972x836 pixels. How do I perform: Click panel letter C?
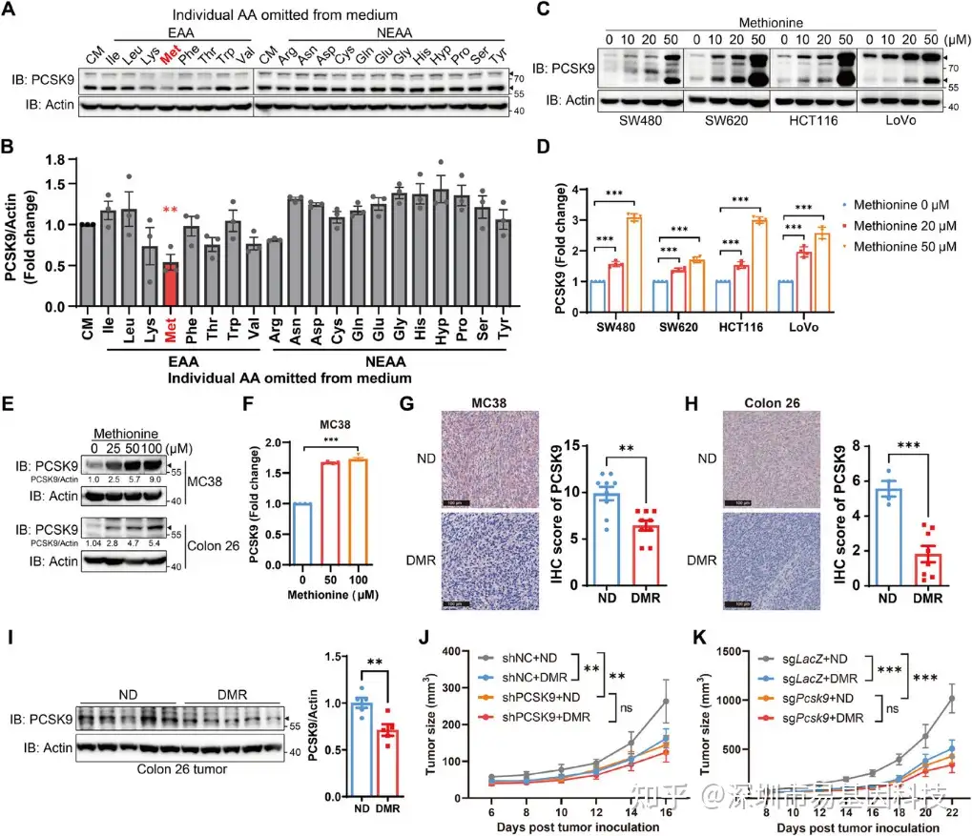[543, 10]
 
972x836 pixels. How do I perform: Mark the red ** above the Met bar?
[172, 234]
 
